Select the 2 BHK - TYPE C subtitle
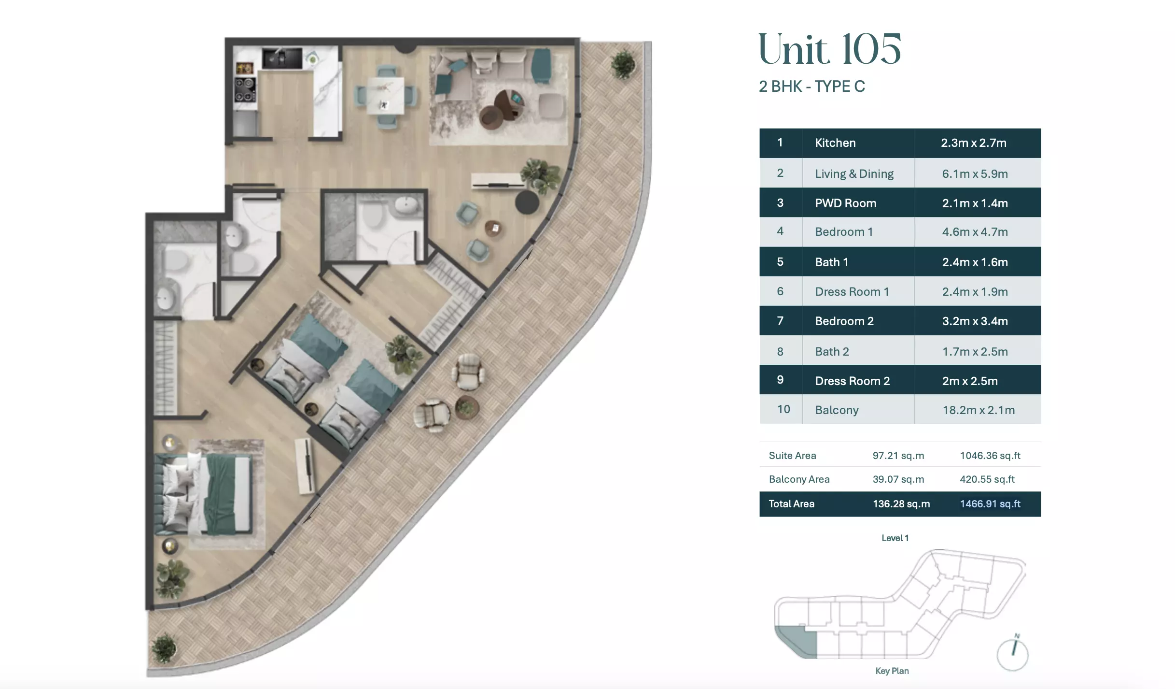pyautogui.click(x=812, y=86)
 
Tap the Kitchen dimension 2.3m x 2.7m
pyautogui.click(x=974, y=143)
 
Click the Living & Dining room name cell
pyautogui.click(x=854, y=173)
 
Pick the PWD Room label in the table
pyautogui.click(x=845, y=203)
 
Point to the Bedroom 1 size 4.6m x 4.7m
pyautogui.click(x=975, y=232)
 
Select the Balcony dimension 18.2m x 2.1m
pyautogui.click(x=979, y=410)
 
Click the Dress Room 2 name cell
pyautogui.click(x=852, y=381)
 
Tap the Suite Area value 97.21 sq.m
pyautogui.click(x=898, y=456)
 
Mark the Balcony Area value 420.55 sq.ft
pyautogui.click(x=987, y=479)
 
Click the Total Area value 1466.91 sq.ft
pyautogui.click(x=990, y=504)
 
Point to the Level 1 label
pyautogui.click(x=895, y=538)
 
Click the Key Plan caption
pyautogui.click(x=892, y=671)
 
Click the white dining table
pyautogui.click(x=385, y=96)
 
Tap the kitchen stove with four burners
pyautogui.click(x=245, y=90)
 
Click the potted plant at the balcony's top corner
pyautogui.click(x=623, y=64)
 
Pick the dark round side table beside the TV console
pyautogui.click(x=527, y=202)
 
